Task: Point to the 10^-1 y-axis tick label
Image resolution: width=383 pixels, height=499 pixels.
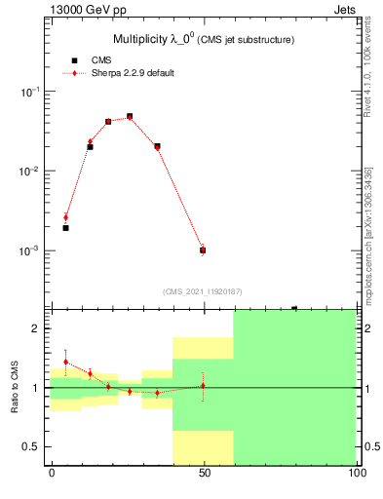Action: pyautogui.click(x=30, y=92)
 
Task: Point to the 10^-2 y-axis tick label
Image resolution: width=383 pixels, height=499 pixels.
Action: pyautogui.click(x=30, y=172)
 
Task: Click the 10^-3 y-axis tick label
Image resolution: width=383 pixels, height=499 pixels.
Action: pyautogui.click(x=30, y=251)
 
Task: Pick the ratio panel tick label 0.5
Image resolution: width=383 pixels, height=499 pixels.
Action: pyautogui.click(x=31, y=447)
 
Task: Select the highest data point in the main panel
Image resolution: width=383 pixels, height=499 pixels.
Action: pyautogui.click(x=130, y=116)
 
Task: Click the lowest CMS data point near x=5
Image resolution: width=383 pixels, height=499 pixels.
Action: pyautogui.click(x=65, y=228)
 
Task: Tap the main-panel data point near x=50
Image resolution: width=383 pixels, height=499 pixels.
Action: pyautogui.click(x=203, y=250)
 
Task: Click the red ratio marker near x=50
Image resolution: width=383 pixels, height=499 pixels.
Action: pyautogui.click(x=203, y=385)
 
